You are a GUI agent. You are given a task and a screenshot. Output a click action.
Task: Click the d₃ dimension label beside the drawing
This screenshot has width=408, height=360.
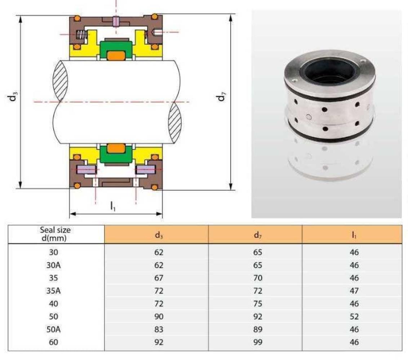13,96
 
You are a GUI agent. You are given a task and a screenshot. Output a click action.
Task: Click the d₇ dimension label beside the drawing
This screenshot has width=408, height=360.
221,96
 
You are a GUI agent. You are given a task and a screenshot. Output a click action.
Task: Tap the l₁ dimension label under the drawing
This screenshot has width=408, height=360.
113,206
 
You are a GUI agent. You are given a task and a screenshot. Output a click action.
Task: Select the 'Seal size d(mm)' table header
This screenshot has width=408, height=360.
55,234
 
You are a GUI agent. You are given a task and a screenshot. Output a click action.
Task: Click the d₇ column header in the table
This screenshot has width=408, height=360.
257,235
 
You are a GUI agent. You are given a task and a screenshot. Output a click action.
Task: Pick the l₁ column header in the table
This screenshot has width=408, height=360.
354,235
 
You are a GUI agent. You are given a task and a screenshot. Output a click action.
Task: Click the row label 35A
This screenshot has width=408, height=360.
54,291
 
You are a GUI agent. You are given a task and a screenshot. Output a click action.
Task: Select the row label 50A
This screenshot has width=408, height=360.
54,329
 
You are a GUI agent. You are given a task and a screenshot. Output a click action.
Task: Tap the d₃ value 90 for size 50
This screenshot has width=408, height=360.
159,316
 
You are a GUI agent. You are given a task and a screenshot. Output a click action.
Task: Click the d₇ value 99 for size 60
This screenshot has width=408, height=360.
258,342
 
